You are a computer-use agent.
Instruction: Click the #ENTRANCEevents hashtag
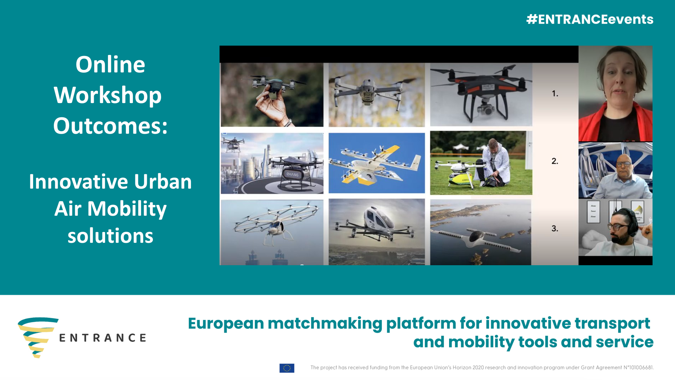click(590, 19)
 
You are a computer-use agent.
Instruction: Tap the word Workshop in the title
click(108, 96)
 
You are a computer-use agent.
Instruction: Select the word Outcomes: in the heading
click(110, 126)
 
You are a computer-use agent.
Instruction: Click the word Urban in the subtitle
click(163, 181)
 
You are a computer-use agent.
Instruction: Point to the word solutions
click(110, 236)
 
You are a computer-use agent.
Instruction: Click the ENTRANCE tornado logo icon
click(38, 337)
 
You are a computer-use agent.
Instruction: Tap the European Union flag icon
click(287, 368)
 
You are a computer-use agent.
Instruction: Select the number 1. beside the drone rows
click(555, 94)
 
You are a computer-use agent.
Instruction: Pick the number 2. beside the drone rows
click(555, 161)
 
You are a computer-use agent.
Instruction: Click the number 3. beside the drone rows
click(555, 228)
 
